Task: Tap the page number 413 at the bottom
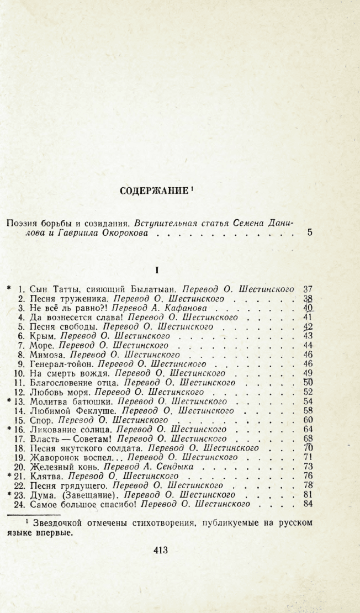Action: (160, 549)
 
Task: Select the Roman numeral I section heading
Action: (157, 270)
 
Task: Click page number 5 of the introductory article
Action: (310, 233)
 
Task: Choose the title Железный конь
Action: (57, 467)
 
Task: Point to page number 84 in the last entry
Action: (308, 504)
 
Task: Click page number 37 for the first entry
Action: (308, 289)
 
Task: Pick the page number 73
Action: (308, 467)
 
